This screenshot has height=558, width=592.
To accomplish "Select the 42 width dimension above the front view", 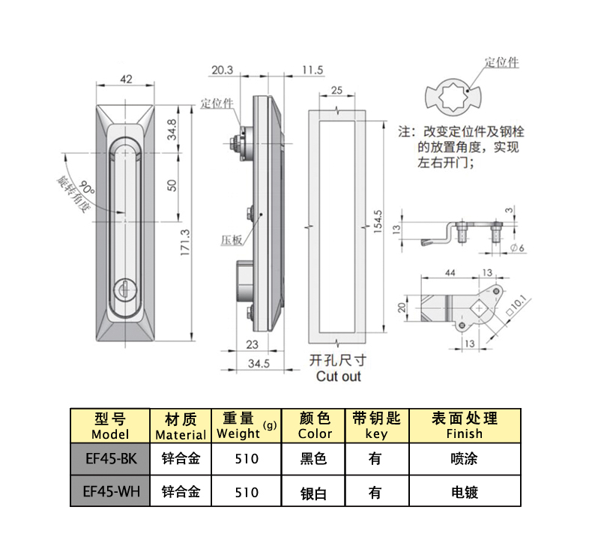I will (x=126, y=79).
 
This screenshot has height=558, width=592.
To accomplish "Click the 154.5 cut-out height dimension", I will (x=378, y=223).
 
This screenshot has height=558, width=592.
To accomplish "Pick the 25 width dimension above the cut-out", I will (x=336, y=90).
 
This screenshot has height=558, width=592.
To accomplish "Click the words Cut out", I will (x=338, y=376).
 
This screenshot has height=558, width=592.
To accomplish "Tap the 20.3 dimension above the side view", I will (x=222, y=70).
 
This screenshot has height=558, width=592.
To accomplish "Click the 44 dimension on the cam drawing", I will (x=450, y=273).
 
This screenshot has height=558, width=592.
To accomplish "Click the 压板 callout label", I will (x=231, y=240).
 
